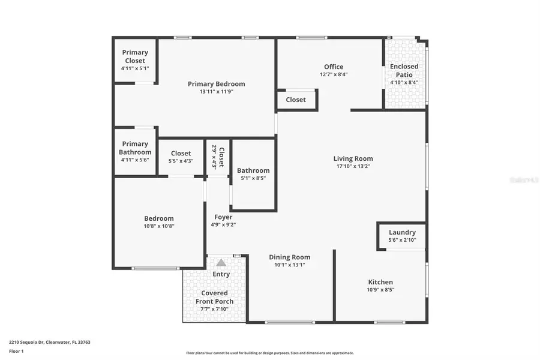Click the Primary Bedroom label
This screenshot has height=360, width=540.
tap(216, 84)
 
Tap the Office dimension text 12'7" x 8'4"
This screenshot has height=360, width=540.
tap(334, 75)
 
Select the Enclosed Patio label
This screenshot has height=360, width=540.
tap(404, 70)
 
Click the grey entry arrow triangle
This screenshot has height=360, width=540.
tap(221, 262)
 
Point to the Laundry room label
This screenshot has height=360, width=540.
tap(402, 232)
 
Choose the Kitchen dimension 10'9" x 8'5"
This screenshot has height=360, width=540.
tap(380, 290)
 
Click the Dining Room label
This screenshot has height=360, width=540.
tap(289, 257)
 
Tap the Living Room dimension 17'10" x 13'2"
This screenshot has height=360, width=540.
tap(353, 166)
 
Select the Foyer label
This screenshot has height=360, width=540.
tap(223, 217)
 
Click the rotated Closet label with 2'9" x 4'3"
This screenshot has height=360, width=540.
tap(221, 157)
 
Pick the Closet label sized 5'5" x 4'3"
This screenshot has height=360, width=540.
tap(181, 154)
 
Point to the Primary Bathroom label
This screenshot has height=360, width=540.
tap(135, 148)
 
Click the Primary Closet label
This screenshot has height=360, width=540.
tap(135, 56)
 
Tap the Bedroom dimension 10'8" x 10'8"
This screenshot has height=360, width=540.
tap(159, 226)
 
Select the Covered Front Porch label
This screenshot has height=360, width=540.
tap(214, 297)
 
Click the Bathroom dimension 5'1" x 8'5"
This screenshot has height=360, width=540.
tap(253, 178)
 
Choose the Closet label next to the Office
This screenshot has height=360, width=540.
tap(296, 100)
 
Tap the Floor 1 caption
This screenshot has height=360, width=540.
tap(16, 352)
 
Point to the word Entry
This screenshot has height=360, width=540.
tap(221, 274)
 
